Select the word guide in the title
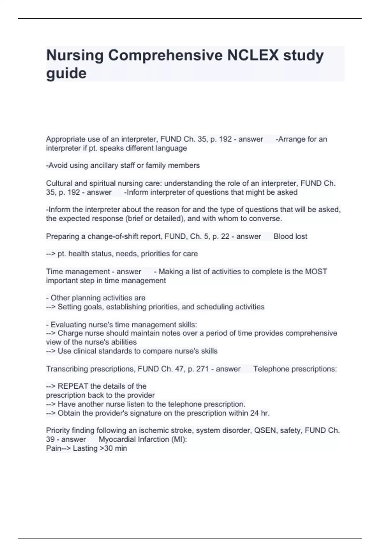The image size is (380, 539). [x=66, y=74]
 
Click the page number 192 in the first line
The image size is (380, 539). [x=225, y=139]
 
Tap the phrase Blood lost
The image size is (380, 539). [x=290, y=237]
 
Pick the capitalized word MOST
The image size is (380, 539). [x=316, y=272]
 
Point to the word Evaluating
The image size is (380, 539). [x=68, y=325]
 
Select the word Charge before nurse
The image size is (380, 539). [x=69, y=333]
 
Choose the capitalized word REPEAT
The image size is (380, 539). [x=73, y=386]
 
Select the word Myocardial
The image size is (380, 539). [x=116, y=439]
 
